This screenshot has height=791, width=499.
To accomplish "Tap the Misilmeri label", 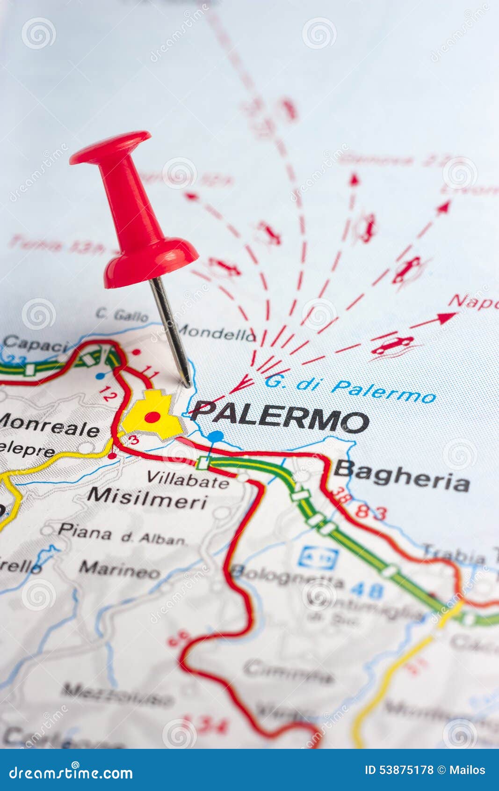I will click(147, 498).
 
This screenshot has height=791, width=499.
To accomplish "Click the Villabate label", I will click(188, 479).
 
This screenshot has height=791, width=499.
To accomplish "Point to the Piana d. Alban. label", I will click(122, 535).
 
